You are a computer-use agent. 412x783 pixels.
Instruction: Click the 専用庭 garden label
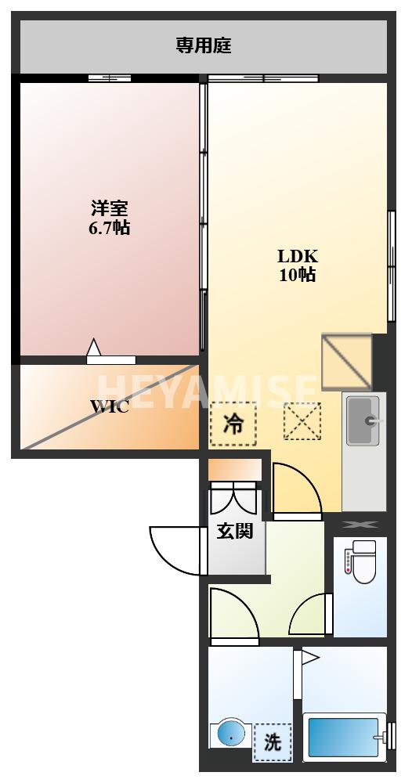point(203,45)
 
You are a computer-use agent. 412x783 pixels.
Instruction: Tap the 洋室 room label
point(109,208)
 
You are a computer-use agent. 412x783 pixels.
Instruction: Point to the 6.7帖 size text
point(109,229)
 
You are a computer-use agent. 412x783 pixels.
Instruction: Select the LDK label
point(298,256)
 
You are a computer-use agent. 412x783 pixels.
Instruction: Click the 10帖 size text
point(298,275)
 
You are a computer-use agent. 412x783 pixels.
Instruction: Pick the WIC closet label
point(109,407)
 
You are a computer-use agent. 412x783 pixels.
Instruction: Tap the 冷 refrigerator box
point(233,424)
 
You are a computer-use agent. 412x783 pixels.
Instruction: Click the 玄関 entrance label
point(235,531)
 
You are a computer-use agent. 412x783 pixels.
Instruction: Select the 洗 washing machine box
point(272,742)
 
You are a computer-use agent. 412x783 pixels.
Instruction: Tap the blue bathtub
point(343,737)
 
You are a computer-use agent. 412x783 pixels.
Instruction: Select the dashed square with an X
point(302,421)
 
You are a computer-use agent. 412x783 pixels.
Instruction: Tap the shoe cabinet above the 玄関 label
point(234,469)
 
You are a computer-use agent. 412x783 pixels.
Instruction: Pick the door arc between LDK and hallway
point(296,490)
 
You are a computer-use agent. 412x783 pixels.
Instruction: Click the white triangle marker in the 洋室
point(94,348)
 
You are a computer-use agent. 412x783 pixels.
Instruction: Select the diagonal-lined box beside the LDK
point(346,361)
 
